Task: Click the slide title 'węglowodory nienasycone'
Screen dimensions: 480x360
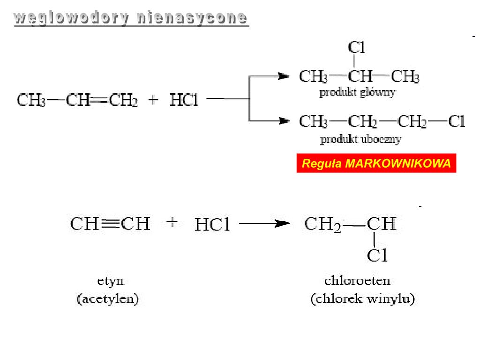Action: click(131, 18)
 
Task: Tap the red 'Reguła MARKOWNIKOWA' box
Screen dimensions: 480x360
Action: click(376, 164)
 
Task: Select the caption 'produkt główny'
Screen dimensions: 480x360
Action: click(357, 92)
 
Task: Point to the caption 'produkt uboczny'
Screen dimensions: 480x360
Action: click(360, 139)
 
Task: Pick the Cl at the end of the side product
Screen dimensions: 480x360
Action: click(457, 122)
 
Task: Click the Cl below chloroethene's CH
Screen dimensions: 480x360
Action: click(377, 255)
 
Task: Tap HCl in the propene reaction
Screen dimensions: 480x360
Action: click(184, 100)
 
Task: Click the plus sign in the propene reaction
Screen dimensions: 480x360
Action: click(154, 100)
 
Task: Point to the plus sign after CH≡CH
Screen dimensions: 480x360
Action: click(172, 222)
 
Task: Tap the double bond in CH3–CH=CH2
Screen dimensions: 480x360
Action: click(99, 100)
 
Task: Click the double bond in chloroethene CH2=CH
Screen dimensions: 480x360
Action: click(355, 224)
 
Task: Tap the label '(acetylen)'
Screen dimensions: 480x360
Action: click(108, 299)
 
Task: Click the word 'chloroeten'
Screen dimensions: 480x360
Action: click(357, 281)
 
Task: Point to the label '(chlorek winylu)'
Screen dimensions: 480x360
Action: click(363, 299)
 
